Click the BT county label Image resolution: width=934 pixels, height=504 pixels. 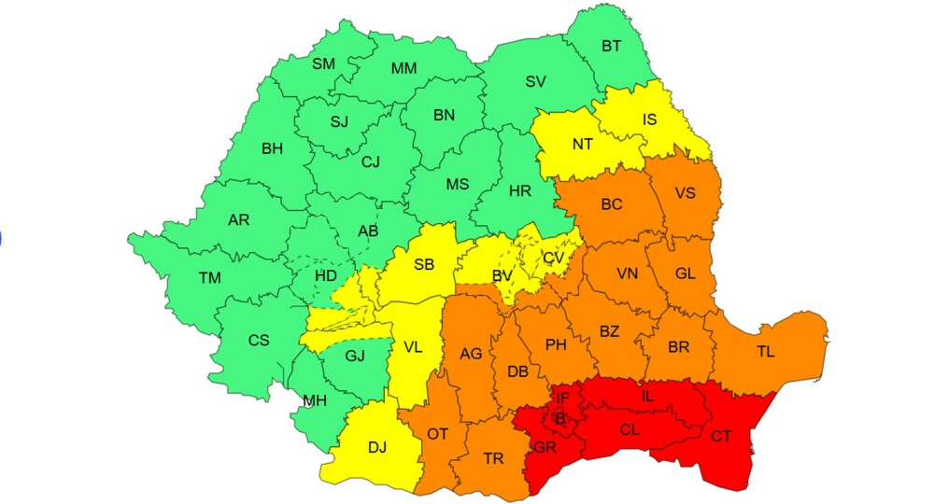click(612, 45)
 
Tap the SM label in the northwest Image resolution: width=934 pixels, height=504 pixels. click(324, 63)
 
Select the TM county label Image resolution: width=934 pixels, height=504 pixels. click(209, 277)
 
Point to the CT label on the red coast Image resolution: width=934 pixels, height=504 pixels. click(721, 436)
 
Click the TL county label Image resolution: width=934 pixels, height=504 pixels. click(766, 352)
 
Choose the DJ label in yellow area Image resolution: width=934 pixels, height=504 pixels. click(376, 447)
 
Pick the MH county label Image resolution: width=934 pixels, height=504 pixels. click(315, 400)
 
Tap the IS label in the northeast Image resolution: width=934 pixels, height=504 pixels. click(649, 119)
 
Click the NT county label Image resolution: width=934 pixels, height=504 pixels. click(583, 144)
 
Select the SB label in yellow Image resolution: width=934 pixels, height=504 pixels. click(424, 264)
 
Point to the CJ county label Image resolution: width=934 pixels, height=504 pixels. click(371, 161)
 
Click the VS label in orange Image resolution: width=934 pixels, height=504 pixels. click(685, 193)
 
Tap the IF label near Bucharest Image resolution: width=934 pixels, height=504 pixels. click(561, 399)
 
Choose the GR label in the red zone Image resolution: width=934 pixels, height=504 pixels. click(545, 446)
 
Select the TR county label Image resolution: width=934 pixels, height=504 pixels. click(493, 458)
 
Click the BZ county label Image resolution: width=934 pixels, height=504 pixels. click(609, 331)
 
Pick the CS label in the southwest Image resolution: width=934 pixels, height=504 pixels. click(259, 341)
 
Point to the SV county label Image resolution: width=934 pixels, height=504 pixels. click(535, 81)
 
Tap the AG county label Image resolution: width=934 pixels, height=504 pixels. click(471, 354)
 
